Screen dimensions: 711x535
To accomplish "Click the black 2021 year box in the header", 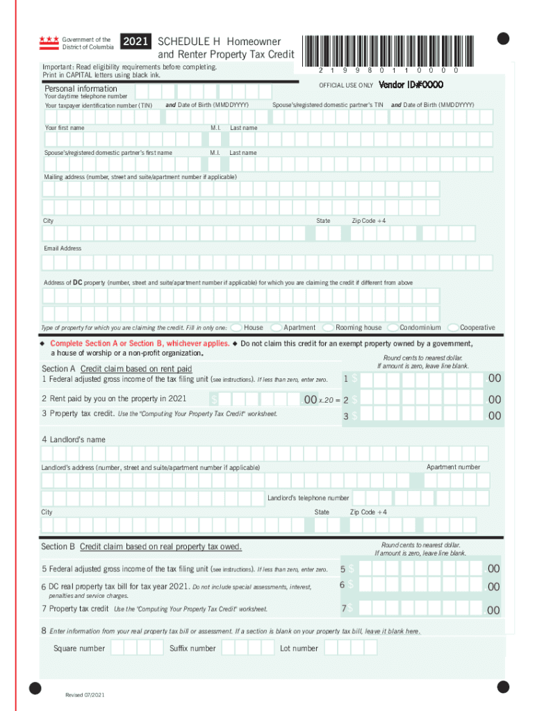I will (x=135, y=42).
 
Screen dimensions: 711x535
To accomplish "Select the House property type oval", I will (x=236, y=327).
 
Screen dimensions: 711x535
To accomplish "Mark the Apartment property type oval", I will (x=277, y=327).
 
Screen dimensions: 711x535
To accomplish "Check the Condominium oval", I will (x=393, y=327).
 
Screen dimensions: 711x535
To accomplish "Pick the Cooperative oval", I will (x=454, y=327).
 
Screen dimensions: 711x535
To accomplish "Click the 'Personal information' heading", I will (x=81, y=89).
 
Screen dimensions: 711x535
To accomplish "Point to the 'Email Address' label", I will (x=63, y=249).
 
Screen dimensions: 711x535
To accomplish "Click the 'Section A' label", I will (x=59, y=369).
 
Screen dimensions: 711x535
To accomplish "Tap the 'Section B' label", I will (x=58, y=547).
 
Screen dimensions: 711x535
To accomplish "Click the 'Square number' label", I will (x=79, y=649).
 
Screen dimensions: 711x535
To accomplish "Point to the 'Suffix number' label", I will (x=192, y=649).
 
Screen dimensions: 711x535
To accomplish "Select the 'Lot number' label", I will (x=299, y=649).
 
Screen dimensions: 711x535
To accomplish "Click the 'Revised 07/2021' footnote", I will (x=85, y=695).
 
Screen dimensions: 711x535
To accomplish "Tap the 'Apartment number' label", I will (x=453, y=467).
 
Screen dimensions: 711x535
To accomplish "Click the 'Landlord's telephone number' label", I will (x=308, y=498).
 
